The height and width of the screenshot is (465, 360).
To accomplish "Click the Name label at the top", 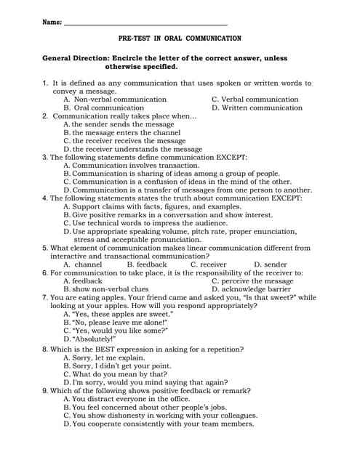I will click(x=52, y=23).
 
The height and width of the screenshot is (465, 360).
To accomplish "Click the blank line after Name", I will click(x=145, y=24).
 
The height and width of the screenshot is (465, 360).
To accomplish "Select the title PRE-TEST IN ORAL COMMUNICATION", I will click(x=180, y=38).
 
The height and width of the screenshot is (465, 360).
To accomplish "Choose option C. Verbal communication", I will click(x=255, y=100).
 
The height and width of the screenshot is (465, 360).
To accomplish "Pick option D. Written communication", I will click(x=257, y=108).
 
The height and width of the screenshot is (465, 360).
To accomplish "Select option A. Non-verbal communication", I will click(x=115, y=100).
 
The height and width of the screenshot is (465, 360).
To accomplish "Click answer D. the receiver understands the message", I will click(x=132, y=149).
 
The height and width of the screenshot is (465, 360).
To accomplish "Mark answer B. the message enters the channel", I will click(x=121, y=133).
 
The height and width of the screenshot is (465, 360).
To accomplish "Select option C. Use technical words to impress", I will click(x=145, y=223).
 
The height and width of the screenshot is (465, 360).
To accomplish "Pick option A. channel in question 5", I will click(x=83, y=264).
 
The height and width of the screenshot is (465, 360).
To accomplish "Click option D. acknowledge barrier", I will click(x=251, y=289).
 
